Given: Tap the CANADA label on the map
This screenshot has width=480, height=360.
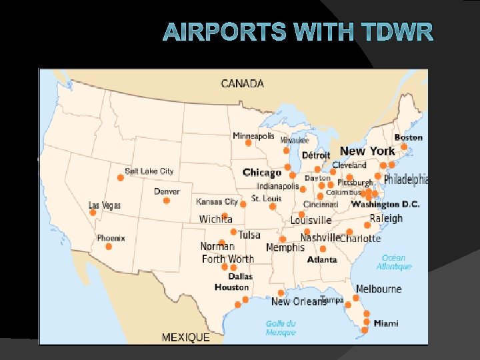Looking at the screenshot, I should pyautogui.click(x=242, y=84).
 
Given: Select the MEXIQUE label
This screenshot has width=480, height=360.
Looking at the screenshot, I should pyautogui.click(x=185, y=338).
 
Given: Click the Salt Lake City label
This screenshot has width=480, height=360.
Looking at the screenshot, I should pyautogui.click(x=149, y=171).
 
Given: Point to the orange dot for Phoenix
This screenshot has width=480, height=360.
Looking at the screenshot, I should pyautogui.click(x=109, y=247).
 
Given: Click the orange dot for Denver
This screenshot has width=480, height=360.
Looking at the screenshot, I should pyautogui.click(x=167, y=201).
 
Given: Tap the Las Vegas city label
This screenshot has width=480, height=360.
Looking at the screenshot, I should pyautogui.click(x=105, y=205).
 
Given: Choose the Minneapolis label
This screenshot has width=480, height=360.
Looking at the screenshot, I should pyautogui.click(x=253, y=136).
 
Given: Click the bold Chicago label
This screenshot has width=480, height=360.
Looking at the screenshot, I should pyautogui.click(x=262, y=173).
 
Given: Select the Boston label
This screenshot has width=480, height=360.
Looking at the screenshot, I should pyautogui.click(x=408, y=137).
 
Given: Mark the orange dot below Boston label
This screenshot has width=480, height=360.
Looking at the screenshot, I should pyautogui.click(x=403, y=147).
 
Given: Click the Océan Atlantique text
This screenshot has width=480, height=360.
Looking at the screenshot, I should pyautogui.click(x=394, y=262).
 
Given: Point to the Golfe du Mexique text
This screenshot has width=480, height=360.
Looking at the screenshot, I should pyautogui.click(x=281, y=328).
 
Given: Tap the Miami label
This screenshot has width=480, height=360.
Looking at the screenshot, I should pyautogui.click(x=386, y=323).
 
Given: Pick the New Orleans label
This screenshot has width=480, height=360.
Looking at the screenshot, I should pyautogui.click(x=298, y=302).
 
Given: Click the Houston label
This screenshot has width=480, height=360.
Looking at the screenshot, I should pyautogui.click(x=231, y=287).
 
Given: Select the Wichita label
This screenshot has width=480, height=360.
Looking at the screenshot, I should pyautogui.click(x=215, y=219).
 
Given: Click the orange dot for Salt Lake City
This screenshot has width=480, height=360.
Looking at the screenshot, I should pyautogui.click(x=121, y=177).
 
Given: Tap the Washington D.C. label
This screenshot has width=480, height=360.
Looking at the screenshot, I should pyautogui.click(x=385, y=204).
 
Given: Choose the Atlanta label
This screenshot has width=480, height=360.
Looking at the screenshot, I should pyautogui.click(x=322, y=259).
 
